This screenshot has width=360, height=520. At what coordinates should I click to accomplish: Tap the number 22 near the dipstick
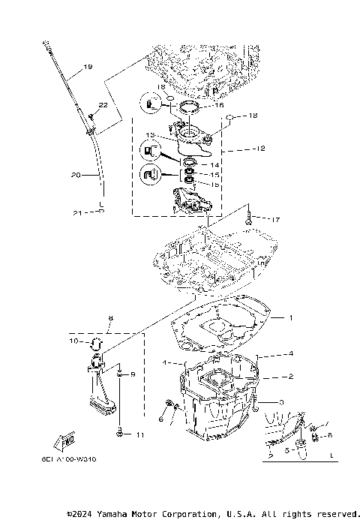pos(103,105)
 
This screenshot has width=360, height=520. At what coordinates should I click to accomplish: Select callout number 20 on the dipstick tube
pos(75,175)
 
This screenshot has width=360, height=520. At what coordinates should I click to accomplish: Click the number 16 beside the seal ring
pos(219,107)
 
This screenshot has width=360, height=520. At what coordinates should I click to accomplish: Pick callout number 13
pos(150,136)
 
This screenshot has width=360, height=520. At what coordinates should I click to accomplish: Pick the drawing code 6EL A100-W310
pos(74,458)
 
